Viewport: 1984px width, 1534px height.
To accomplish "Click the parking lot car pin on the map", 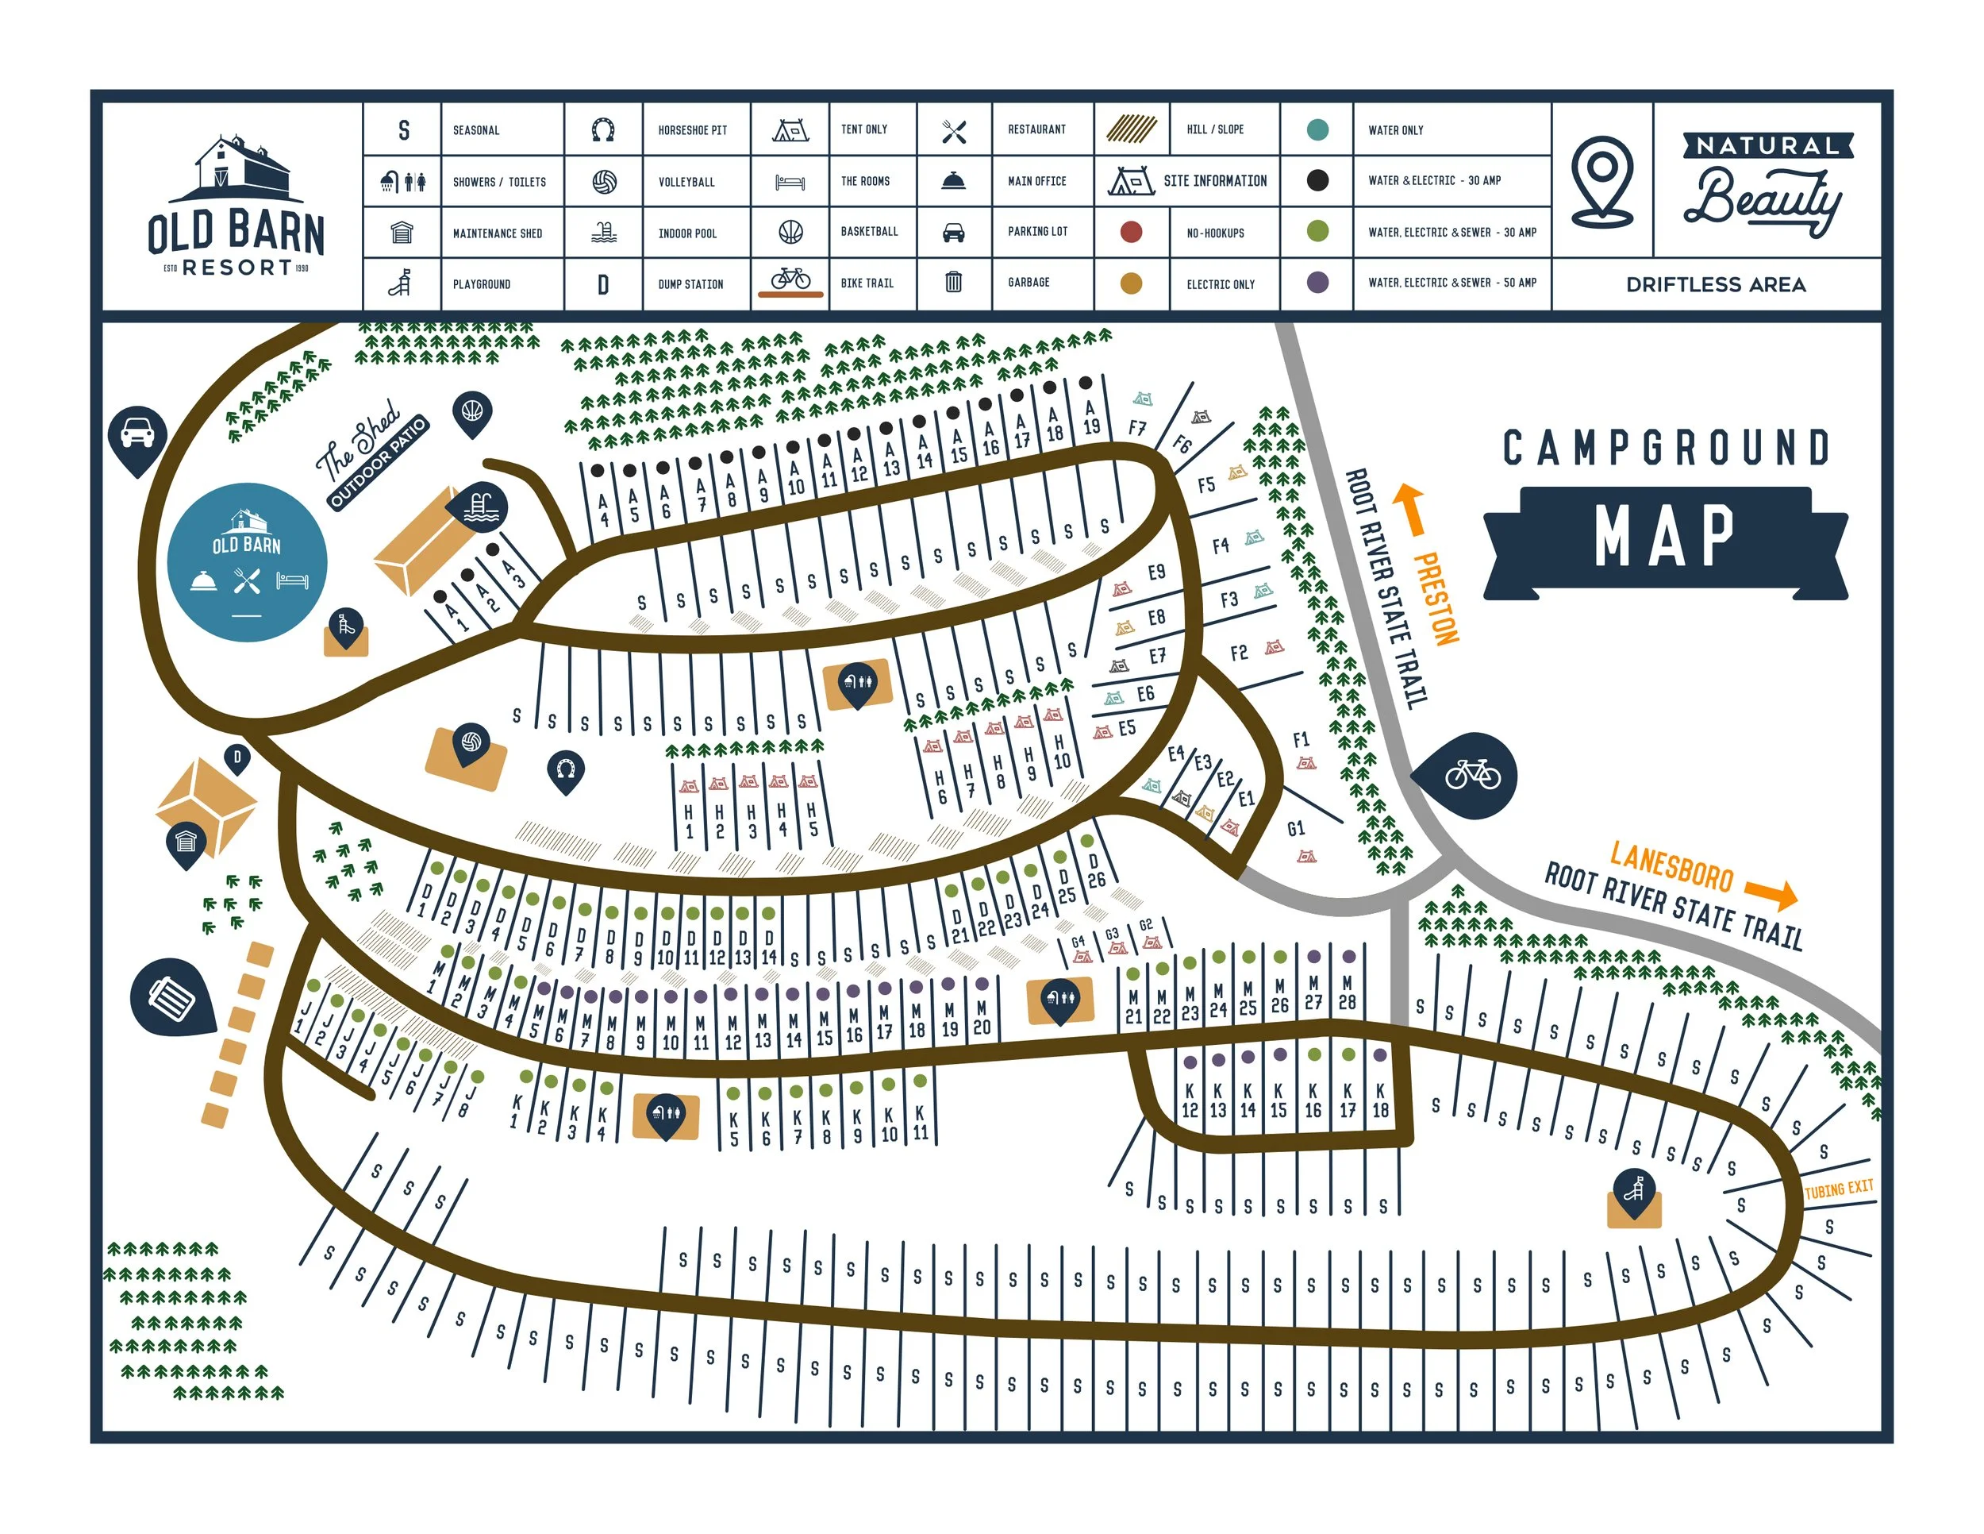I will point(137,435).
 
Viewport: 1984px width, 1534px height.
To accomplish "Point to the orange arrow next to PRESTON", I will point(1410,509).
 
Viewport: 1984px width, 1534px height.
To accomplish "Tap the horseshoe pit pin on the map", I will point(565,771).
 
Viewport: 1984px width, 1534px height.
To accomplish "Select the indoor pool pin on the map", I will point(482,507).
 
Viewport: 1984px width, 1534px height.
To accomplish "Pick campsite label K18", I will point(1380,1100).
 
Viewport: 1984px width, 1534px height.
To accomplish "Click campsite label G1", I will point(1295,828).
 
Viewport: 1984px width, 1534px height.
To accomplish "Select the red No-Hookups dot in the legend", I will point(1131,232).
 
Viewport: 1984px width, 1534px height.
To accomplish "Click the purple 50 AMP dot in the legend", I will point(1317,283).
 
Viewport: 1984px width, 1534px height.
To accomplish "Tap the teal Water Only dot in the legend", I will point(1317,130).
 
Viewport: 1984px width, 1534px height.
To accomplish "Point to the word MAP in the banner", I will point(1664,537).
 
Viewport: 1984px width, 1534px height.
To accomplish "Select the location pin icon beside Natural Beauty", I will point(1601,181).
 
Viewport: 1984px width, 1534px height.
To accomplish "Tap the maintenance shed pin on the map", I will point(186,842).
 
